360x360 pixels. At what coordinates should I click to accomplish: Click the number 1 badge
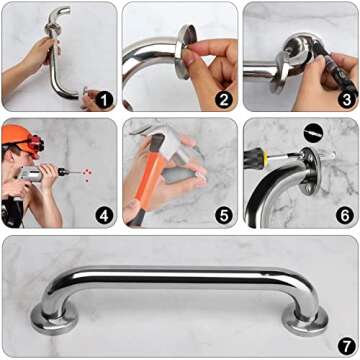104,100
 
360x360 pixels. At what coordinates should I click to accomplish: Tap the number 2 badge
223,100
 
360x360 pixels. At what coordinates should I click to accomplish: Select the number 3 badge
345,100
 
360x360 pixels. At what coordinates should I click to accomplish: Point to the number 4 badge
104,216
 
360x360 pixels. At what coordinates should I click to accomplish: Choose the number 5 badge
223,216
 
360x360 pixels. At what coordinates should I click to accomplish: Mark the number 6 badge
345,216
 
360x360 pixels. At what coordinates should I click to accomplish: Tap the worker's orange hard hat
19,135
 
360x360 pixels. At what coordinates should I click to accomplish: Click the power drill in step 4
40,176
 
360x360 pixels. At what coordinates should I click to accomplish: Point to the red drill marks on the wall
88,172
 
